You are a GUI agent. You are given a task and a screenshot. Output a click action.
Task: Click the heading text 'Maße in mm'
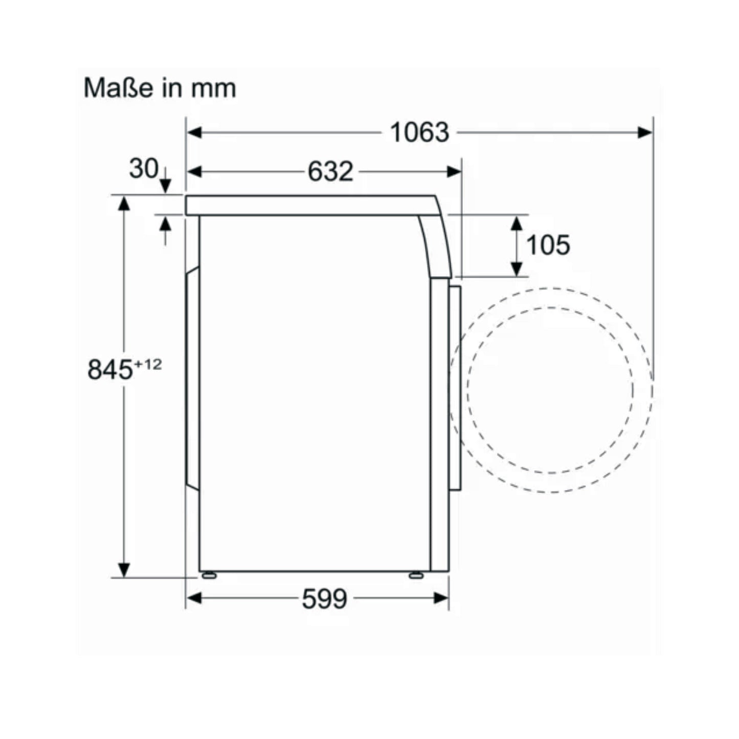tap(160, 88)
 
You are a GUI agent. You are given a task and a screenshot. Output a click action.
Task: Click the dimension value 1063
tap(419, 132)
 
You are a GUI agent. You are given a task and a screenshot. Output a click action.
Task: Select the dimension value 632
tap(330, 171)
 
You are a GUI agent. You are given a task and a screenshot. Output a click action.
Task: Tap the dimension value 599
tap(324, 599)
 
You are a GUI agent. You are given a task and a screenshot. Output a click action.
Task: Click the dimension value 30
tap(144, 168)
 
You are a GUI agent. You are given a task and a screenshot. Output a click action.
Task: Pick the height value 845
tap(110, 369)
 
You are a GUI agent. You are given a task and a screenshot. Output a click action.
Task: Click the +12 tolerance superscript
tap(148, 364)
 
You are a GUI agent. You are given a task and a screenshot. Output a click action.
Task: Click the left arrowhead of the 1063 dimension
tap(194, 132)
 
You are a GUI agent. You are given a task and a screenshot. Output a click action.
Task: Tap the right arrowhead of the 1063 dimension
tap(645, 132)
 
